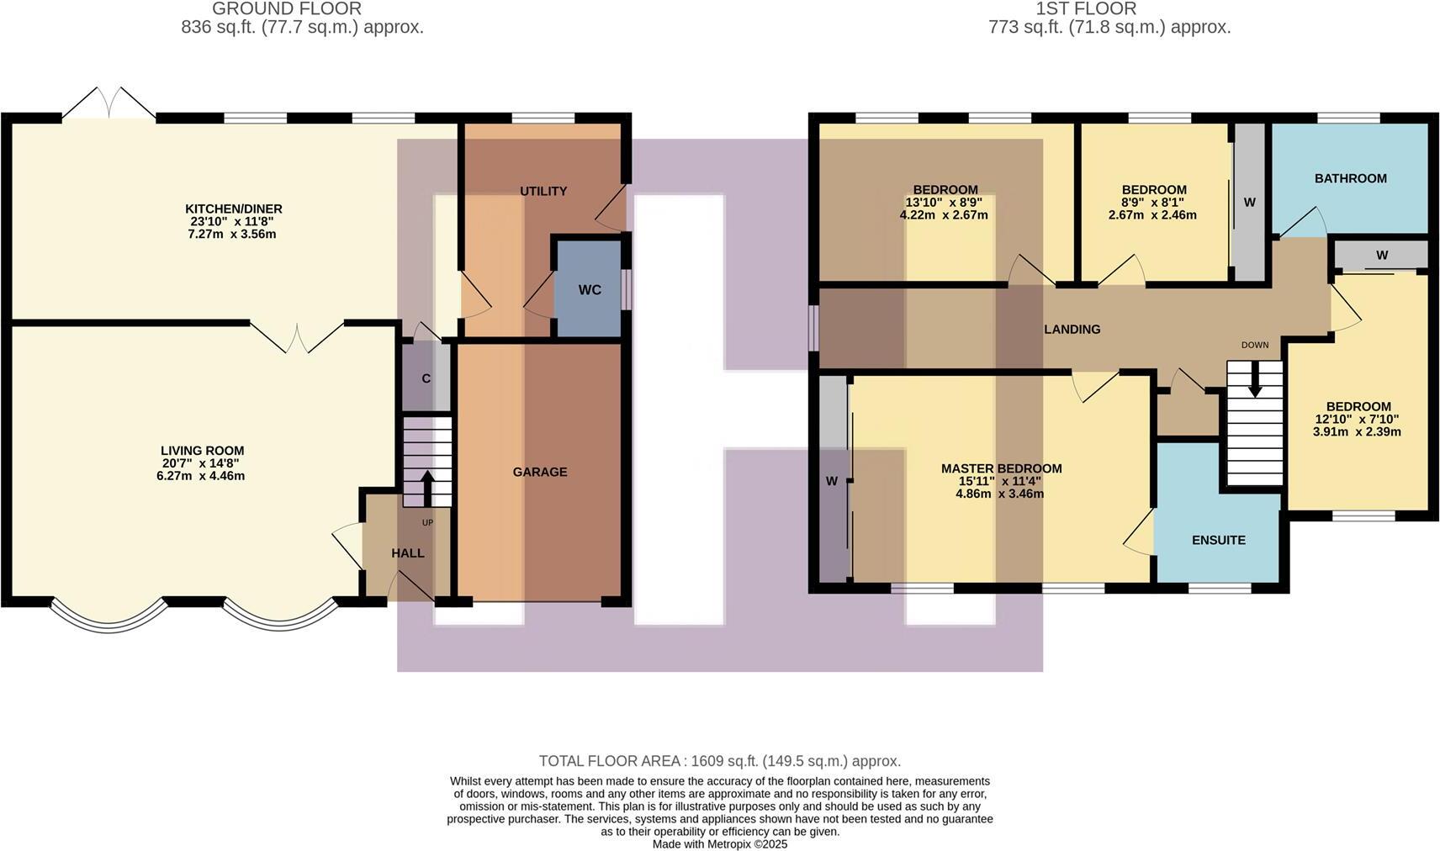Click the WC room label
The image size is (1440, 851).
[590, 290]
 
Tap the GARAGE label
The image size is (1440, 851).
[540, 472]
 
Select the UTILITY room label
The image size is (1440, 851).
[543, 191]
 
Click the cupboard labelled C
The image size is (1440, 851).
[426, 378]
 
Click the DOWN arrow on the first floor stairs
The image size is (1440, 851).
[1255, 383]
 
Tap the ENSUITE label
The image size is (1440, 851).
[1219, 540]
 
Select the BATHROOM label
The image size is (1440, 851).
[1350, 178]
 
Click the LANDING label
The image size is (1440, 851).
[1072, 330]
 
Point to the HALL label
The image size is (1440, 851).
[408, 553]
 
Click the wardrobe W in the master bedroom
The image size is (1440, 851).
[832, 481]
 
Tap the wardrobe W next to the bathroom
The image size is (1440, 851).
[1249, 203]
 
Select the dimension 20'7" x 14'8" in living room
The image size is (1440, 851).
[203, 463]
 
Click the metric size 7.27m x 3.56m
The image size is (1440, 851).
[233, 234]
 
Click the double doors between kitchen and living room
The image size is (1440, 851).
[298, 336]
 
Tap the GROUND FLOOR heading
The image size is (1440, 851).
[287, 8]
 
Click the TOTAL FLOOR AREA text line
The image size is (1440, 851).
[719, 761]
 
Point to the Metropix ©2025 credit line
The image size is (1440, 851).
[720, 843]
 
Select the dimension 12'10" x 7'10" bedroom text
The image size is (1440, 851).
[1357, 419]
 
